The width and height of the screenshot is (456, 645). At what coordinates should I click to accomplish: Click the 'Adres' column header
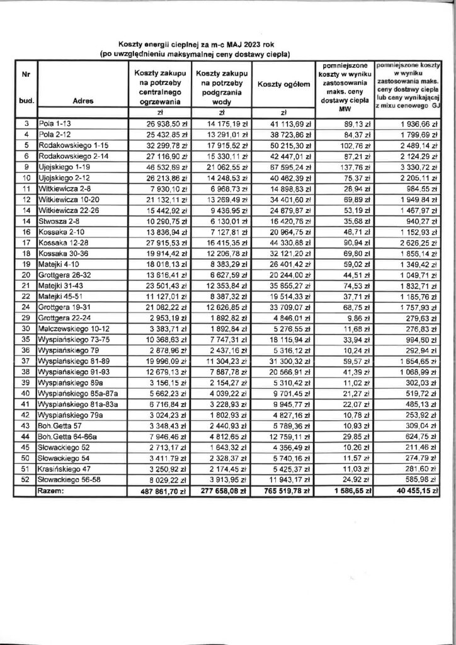pyautogui.click(x=84, y=100)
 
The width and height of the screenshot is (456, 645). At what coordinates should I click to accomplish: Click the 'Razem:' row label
pyautogui.click(x=51, y=488)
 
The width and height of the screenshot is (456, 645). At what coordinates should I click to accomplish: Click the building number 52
pyautogui.click(x=26, y=478)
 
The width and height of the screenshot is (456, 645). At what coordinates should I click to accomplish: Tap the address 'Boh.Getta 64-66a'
pyautogui.click(x=67, y=434)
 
